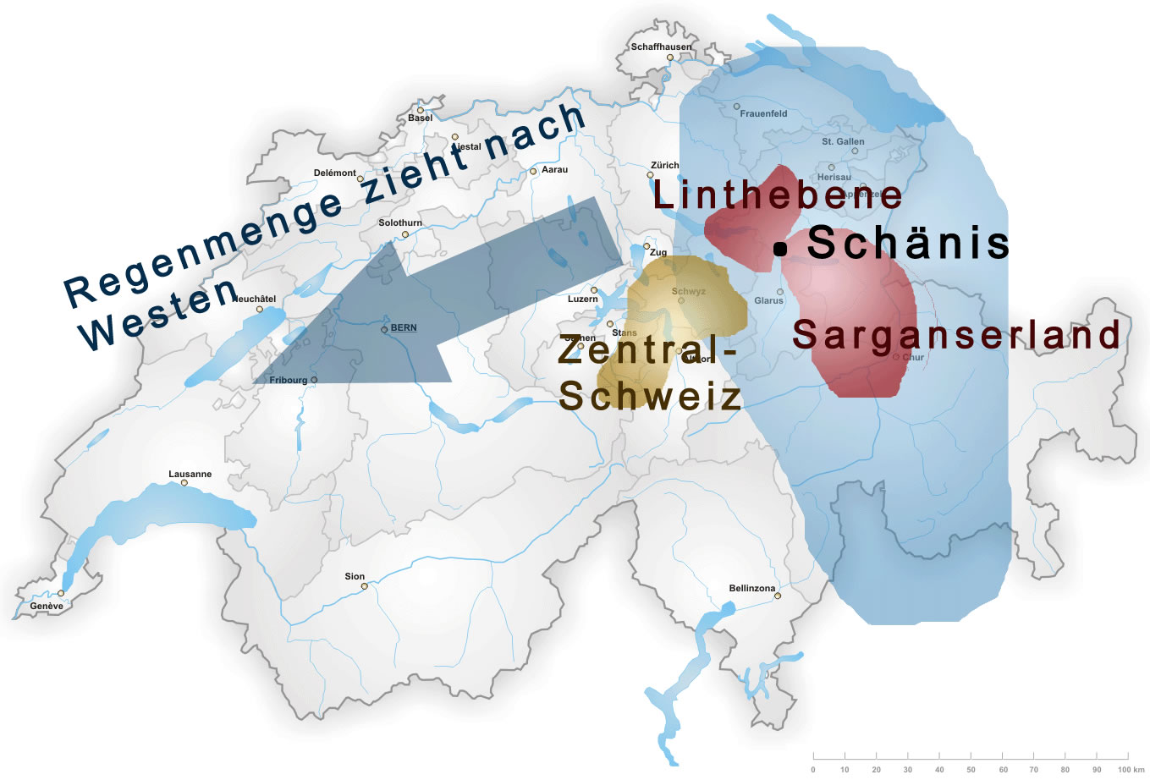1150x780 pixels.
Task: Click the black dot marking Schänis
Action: click(779, 249)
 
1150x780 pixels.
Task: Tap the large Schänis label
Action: click(908, 243)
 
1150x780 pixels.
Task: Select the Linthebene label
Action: click(777, 195)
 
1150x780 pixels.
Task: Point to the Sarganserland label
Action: click(956, 335)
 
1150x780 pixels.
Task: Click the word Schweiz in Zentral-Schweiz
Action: click(650, 396)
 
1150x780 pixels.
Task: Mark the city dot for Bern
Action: click(384, 329)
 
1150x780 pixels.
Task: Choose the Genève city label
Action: click(47, 606)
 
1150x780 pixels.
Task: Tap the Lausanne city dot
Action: click(184, 483)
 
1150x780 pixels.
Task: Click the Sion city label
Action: click(355, 577)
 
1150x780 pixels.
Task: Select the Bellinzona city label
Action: click(751, 588)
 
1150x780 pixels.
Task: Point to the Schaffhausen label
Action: click(661, 47)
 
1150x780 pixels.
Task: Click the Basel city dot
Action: click(420, 110)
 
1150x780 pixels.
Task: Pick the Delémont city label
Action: click(335, 173)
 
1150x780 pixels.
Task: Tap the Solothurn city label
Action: click(400, 223)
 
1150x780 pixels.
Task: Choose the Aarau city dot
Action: click(533, 171)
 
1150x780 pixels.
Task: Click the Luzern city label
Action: click(582, 299)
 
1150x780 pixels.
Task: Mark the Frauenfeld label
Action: click(763, 113)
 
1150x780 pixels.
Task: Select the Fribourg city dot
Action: click(314, 380)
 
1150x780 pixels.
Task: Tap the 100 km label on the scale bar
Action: click(1131, 769)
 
